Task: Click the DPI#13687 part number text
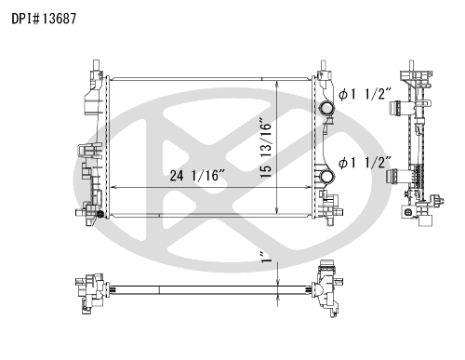click(44, 19)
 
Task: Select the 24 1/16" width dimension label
click(197, 176)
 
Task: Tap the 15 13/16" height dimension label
click(266, 148)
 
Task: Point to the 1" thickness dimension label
click(266, 257)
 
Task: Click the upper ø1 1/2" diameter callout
click(365, 94)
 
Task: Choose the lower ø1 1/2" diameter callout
click(365, 163)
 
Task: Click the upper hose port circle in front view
click(326, 108)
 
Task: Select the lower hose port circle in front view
click(326, 177)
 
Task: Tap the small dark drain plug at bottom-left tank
click(100, 214)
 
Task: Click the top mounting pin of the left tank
click(96, 65)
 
